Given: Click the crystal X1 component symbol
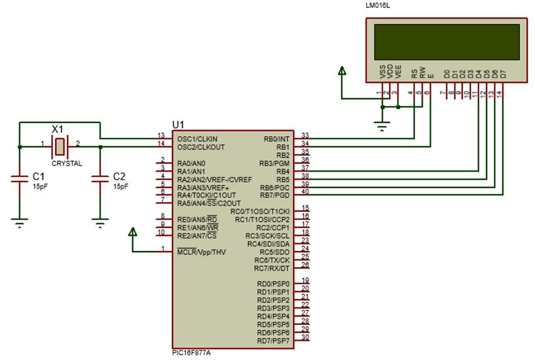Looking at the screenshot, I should [60, 147].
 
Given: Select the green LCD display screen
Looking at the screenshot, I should [445, 41].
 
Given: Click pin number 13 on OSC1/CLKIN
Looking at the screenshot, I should [161, 135].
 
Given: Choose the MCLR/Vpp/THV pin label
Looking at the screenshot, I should [201, 252].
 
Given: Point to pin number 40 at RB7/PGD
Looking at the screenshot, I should [305, 192].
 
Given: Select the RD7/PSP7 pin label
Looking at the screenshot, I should [273, 341].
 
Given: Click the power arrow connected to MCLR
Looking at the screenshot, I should [133, 232].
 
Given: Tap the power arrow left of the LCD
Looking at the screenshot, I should [342, 71].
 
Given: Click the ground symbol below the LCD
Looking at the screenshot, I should [383, 126].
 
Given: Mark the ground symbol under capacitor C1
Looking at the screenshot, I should [20, 223].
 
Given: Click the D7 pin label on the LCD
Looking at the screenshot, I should [503, 73].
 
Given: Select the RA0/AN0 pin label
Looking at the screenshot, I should [191, 163].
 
